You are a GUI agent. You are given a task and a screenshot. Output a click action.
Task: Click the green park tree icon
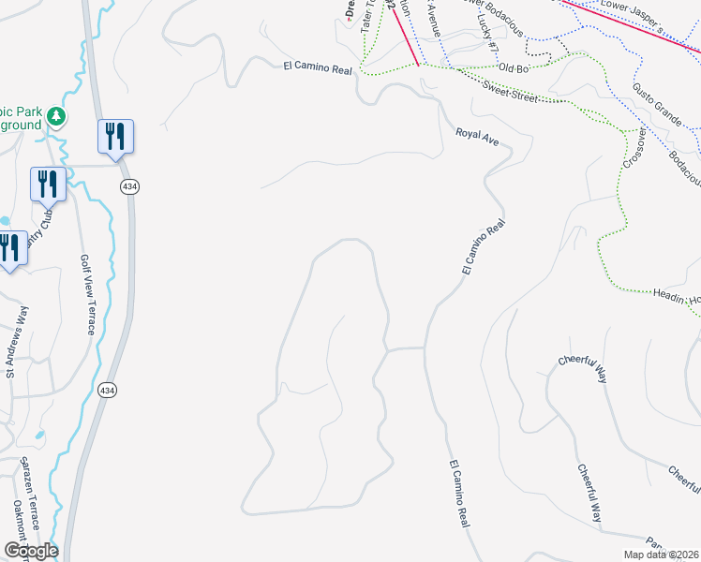(57, 116)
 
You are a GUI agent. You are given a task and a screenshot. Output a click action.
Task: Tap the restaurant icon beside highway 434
(115, 137)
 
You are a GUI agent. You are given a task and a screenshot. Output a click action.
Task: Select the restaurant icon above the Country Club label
(47, 185)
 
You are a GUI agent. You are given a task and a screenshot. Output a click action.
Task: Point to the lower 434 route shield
(109, 389)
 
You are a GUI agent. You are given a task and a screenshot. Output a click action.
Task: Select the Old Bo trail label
(515, 67)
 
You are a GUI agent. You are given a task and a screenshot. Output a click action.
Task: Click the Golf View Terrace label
(86, 294)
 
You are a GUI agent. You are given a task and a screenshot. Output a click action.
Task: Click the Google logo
(31, 551)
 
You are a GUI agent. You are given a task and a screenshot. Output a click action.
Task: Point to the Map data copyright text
(660, 555)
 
